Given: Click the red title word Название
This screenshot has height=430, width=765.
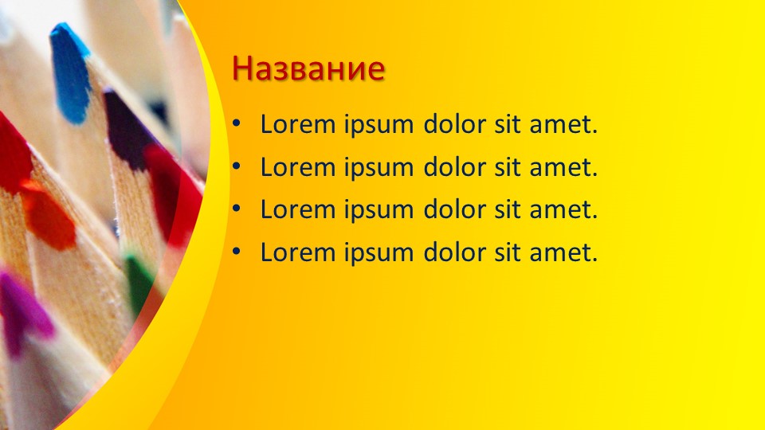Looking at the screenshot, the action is (x=308, y=68).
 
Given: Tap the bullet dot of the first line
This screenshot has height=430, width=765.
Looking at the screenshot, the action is (x=237, y=124).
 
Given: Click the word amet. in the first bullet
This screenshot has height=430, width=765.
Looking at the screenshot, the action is (x=563, y=125).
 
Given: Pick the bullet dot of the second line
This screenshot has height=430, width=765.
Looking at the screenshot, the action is (x=237, y=166).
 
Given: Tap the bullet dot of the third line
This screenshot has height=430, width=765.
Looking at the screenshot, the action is (x=237, y=209).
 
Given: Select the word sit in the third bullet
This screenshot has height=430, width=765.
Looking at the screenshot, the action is (x=508, y=209).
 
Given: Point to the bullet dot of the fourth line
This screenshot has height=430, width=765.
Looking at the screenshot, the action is (x=237, y=252).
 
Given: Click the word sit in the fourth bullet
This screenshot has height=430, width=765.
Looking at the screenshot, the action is (x=508, y=252).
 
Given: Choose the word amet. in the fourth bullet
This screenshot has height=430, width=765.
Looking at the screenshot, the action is (x=563, y=253).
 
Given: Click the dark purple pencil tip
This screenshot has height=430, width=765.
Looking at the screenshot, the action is (x=127, y=129).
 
